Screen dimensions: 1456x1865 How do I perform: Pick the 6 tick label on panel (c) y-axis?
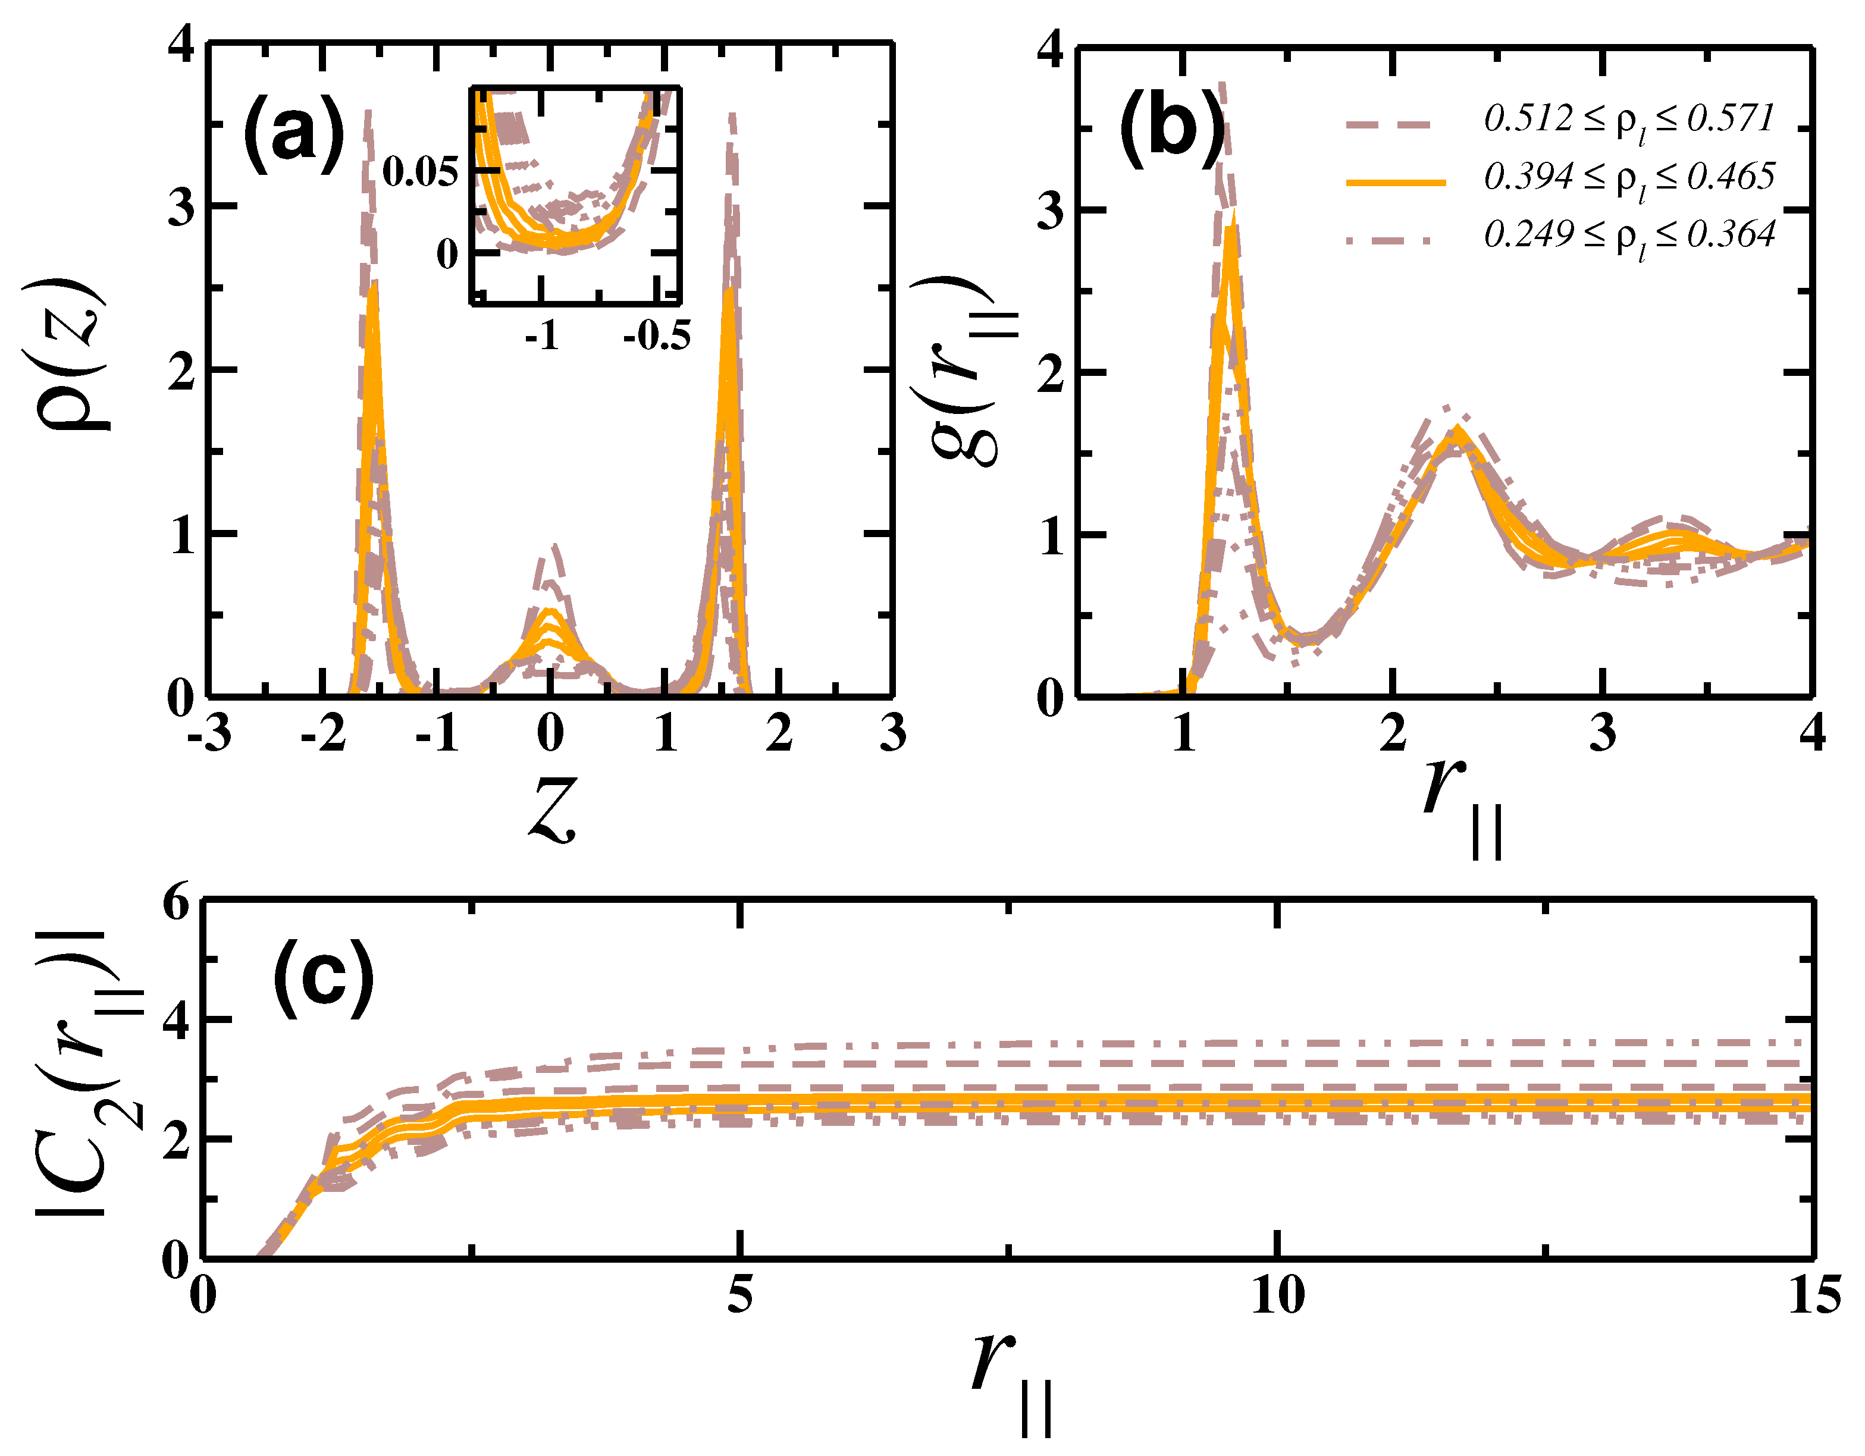(175, 903)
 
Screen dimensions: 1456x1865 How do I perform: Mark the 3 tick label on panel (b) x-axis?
(1602, 733)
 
